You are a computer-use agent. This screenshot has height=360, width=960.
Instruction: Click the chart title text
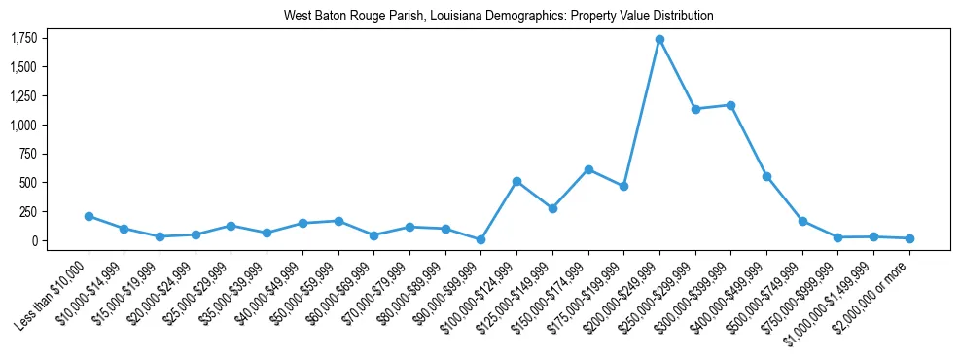click(x=499, y=17)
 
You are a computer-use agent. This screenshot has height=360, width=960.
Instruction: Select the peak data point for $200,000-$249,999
click(x=659, y=39)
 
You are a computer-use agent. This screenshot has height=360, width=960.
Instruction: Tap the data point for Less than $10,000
click(x=89, y=216)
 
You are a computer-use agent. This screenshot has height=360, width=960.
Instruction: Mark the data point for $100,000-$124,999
click(x=516, y=181)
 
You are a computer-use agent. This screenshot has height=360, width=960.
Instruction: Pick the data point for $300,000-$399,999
click(x=730, y=105)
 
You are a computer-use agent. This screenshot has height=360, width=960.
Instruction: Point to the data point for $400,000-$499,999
click(x=766, y=176)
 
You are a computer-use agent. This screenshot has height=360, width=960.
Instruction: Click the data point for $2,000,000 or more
click(x=909, y=238)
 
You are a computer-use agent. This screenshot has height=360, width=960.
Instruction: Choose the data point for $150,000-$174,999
click(x=588, y=169)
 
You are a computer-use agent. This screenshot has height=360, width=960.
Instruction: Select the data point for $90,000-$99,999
click(x=481, y=239)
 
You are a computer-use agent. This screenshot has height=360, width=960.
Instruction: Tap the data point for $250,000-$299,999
click(x=695, y=109)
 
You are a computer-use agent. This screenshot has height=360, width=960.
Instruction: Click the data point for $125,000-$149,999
click(x=552, y=208)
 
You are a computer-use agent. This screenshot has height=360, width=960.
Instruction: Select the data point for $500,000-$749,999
click(x=802, y=221)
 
